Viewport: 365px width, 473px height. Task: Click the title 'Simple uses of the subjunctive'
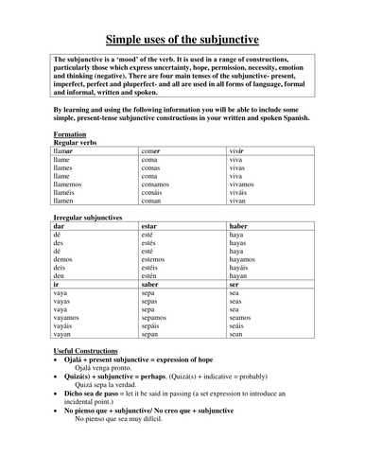182,40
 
